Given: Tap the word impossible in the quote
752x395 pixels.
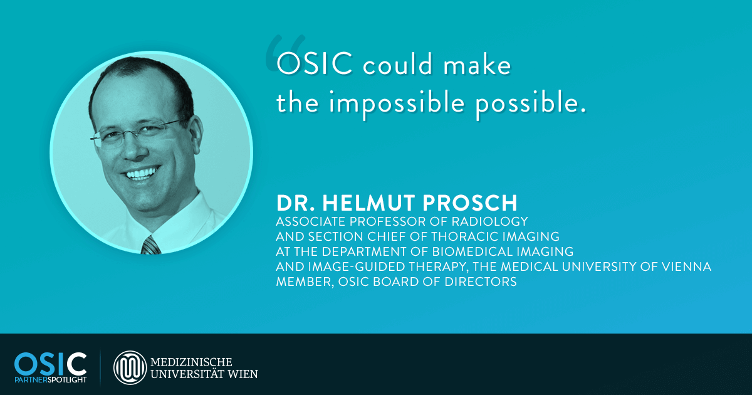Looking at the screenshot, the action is (397, 103).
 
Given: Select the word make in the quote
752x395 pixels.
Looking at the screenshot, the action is (477, 64).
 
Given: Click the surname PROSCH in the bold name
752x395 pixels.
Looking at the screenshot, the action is (470, 203).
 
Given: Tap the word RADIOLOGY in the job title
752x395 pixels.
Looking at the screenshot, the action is (489, 221).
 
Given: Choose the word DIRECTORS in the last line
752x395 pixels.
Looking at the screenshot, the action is (481, 282).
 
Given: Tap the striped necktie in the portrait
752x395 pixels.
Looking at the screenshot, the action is (150, 245).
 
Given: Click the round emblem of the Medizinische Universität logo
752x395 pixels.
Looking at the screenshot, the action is (130, 367).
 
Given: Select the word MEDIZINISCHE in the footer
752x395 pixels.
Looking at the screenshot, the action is (191, 362).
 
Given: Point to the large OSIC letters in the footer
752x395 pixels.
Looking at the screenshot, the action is (50, 364).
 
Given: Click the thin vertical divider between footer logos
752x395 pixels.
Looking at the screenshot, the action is (100, 367).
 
